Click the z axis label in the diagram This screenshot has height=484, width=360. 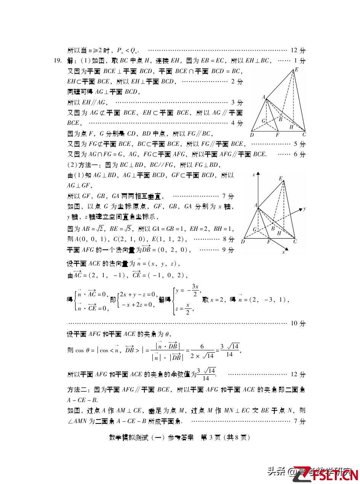[x=254, y=175]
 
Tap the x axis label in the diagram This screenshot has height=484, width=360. [x=283, y=252]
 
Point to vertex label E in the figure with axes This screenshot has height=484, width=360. [x=280, y=179]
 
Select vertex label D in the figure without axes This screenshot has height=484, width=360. [x=252, y=135]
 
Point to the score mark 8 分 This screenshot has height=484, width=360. [x=228, y=239]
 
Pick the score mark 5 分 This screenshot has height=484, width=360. [x=299, y=144]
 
